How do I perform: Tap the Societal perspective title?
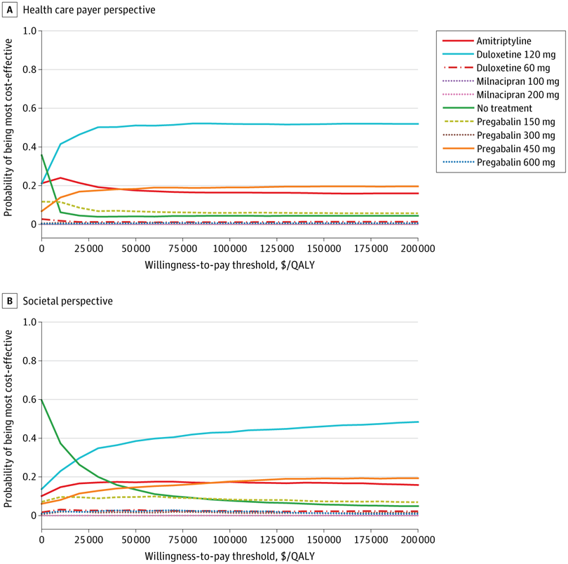click(67, 301)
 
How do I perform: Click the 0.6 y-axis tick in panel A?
click(28, 109)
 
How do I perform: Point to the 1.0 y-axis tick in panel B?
click(28, 323)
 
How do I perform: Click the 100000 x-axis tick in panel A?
click(229, 250)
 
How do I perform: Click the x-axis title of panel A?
click(229, 266)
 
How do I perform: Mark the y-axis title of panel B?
click(9, 419)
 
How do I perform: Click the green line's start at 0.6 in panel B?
click(41, 399)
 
